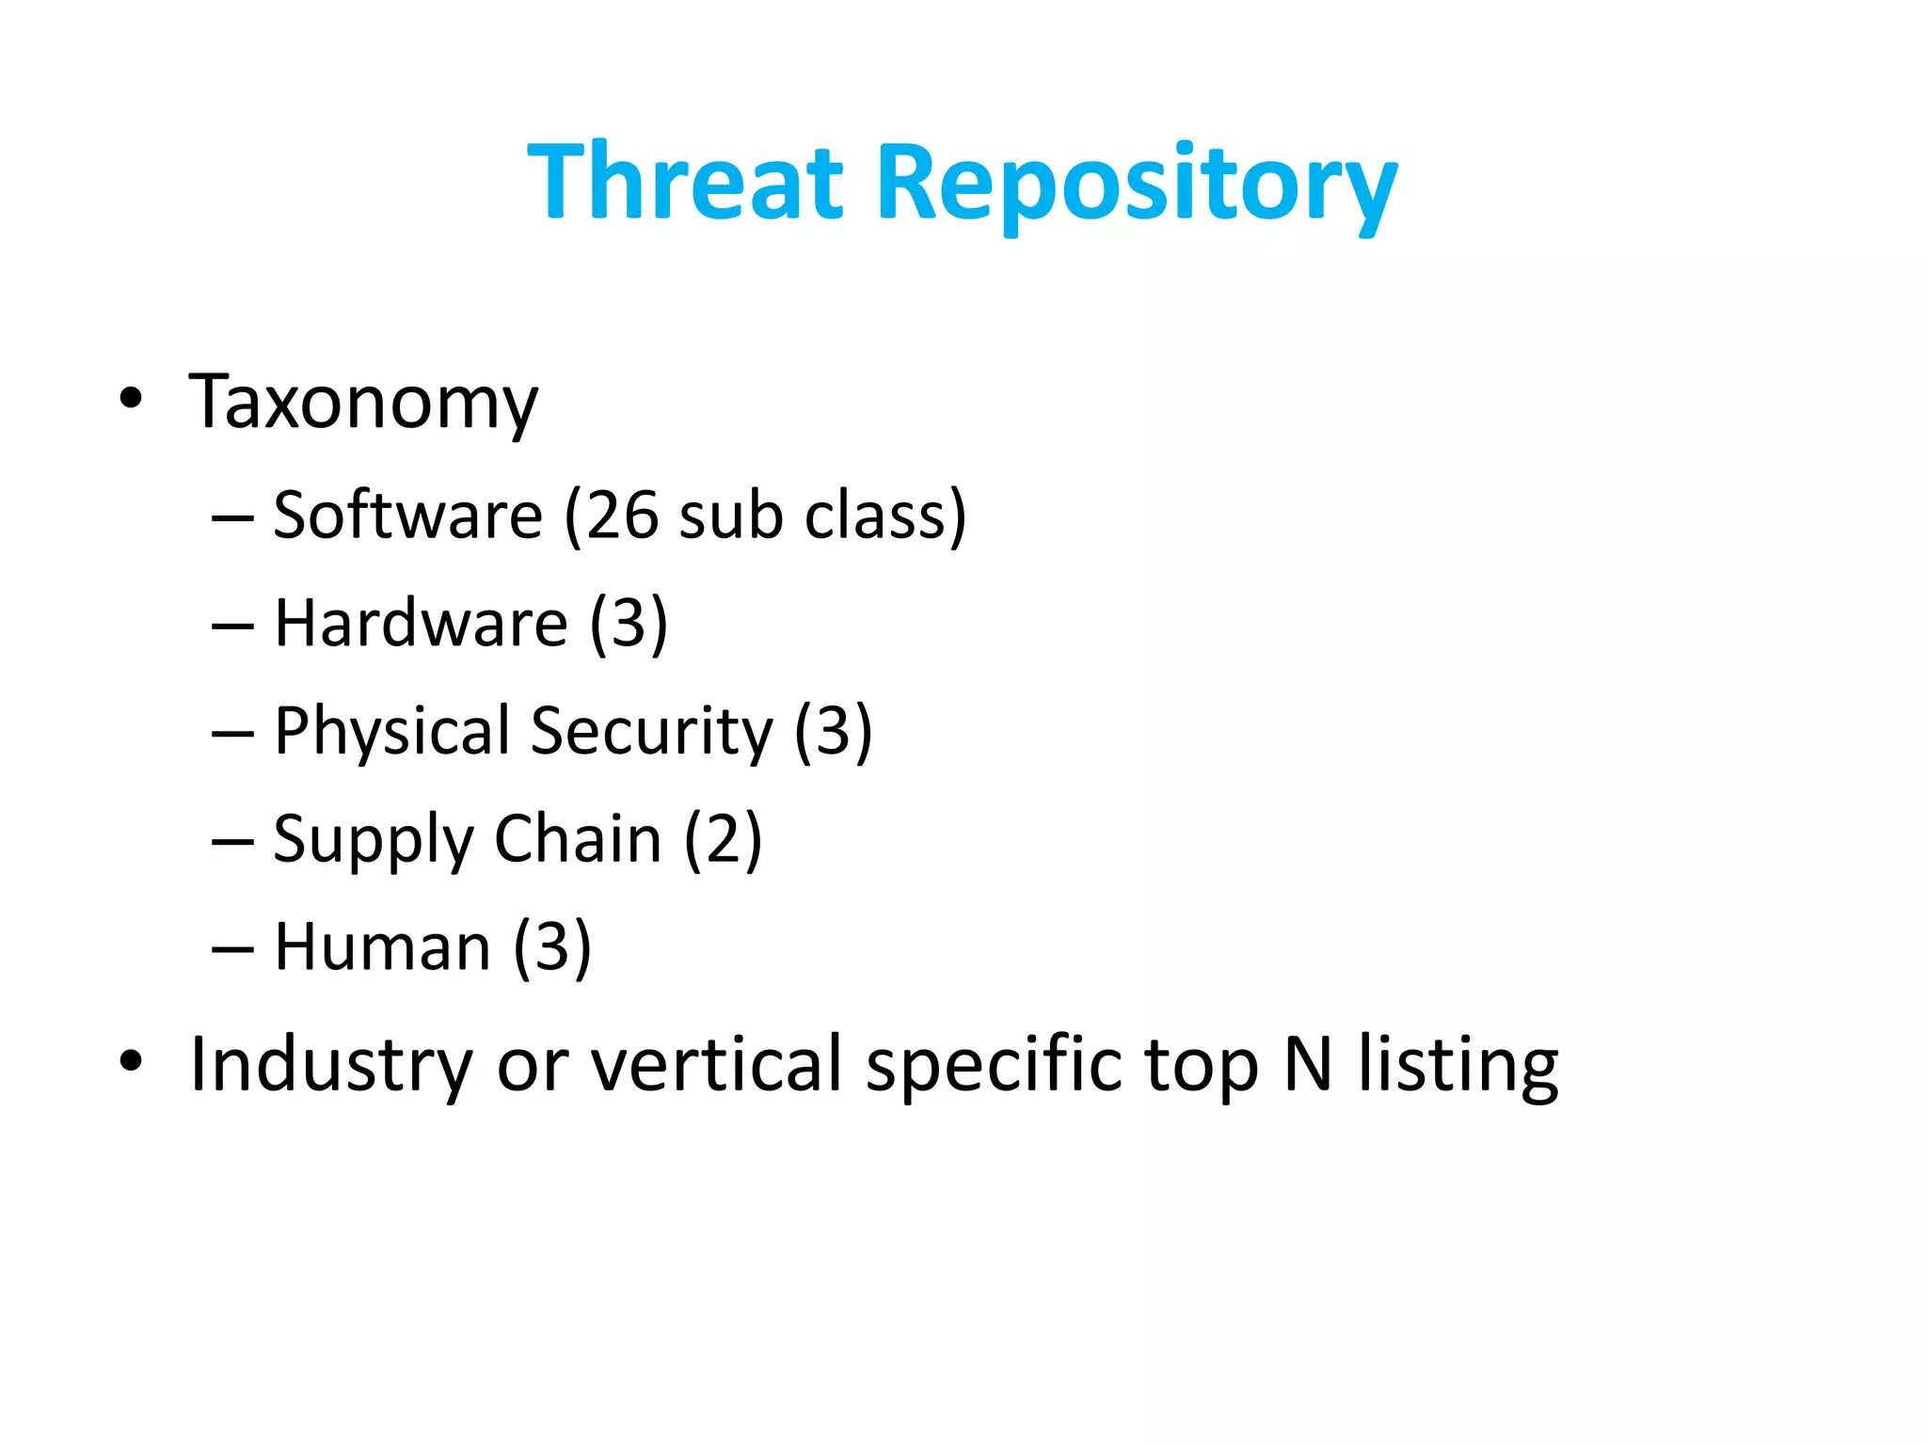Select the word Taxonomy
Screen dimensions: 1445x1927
coord(363,403)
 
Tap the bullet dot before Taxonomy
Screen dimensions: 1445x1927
coord(131,399)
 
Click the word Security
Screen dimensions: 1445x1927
coord(651,733)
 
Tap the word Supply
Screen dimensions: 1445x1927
coord(374,841)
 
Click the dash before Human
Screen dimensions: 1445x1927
coord(232,949)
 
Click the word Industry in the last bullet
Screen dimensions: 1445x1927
coord(330,1066)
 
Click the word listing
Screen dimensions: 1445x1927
coord(1458,1066)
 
